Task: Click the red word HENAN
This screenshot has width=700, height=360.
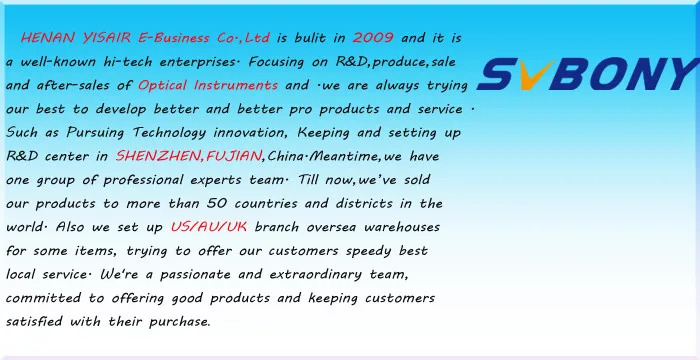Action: pyautogui.click(x=47, y=38)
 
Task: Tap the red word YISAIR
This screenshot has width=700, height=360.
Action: pyautogui.click(x=107, y=38)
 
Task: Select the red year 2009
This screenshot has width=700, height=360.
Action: pyautogui.click(x=373, y=38)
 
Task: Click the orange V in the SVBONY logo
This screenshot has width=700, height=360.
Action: pyautogui.click(x=531, y=75)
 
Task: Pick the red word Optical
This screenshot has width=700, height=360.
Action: pyautogui.click(x=162, y=85)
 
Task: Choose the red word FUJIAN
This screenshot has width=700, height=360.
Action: pyautogui.click(x=234, y=156)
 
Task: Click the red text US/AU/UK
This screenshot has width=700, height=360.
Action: pyautogui.click(x=208, y=227)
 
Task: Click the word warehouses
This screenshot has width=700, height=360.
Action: pyautogui.click(x=402, y=227)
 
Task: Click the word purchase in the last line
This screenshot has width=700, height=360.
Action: pyautogui.click(x=179, y=322)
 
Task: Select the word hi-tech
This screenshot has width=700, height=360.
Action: pyautogui.click(x=128, y=61)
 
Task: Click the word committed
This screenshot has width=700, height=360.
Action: pyautogui.click(x=43, y=297)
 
